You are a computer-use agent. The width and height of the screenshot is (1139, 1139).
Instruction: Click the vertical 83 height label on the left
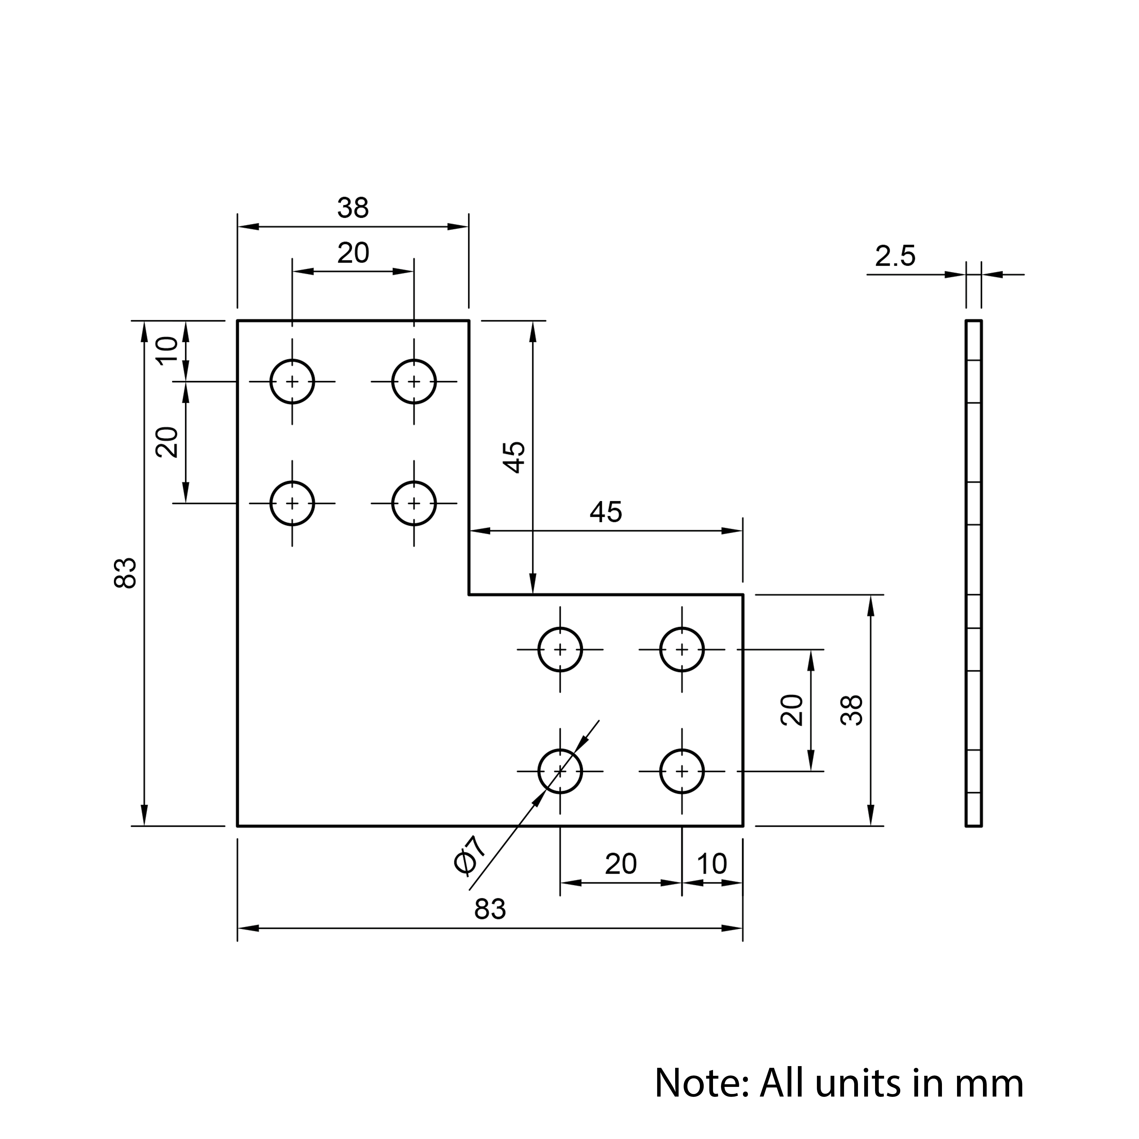(x=126, y=573)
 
